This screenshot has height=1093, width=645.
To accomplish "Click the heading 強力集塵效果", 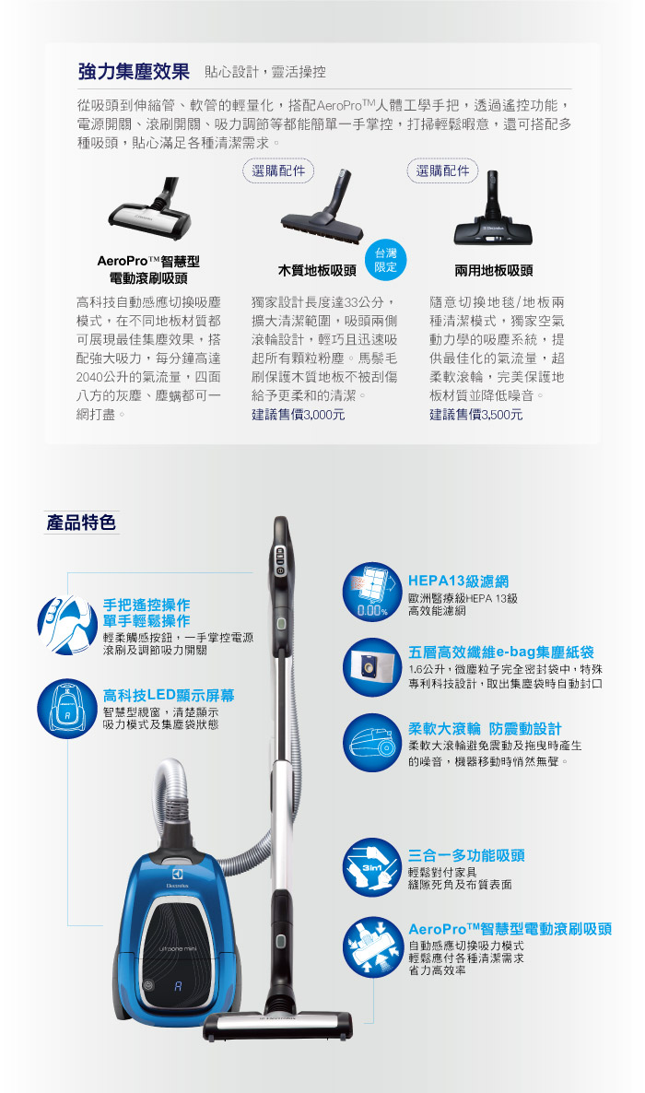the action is click(134, 71).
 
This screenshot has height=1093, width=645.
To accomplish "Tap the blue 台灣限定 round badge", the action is click(385, 260).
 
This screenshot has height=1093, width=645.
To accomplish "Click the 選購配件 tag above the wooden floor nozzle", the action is click(278, 170).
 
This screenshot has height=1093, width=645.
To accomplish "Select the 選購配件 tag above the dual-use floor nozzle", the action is click(443, 170).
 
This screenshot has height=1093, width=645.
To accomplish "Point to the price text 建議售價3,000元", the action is click(299, 415).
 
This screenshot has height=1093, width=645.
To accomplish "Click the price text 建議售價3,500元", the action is click(476, 415).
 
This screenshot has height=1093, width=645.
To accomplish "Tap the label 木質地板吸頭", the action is click(317, 270).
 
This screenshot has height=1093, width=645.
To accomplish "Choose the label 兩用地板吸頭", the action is click(494, 270).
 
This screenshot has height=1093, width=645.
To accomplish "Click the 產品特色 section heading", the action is click(81, 523).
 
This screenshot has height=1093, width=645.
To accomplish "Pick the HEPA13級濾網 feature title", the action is click(458, 582).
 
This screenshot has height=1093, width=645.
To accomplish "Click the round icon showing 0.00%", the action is click(371, 592).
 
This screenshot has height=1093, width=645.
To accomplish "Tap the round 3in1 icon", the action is click(371, 867).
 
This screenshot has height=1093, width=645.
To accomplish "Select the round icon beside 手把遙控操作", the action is click(67, 625).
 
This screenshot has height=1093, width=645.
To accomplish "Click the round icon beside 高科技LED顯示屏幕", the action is click(67, 709).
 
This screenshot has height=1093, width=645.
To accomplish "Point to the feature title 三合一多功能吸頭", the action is click(466, 855).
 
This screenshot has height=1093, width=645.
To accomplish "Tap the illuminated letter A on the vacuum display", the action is click(178, 986).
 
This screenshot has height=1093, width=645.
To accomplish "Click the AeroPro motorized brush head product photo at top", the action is click(151, 207).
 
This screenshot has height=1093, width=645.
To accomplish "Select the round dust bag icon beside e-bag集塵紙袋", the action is click(371, 667).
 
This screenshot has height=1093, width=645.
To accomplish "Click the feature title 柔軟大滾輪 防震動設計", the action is click(485, 729).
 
